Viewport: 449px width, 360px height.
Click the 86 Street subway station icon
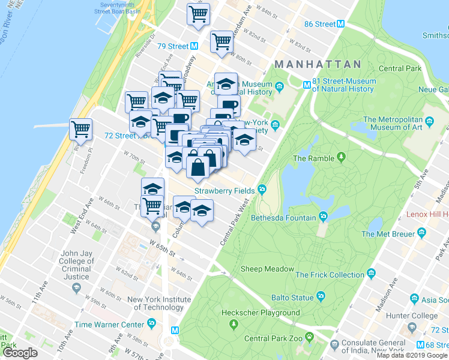(x=340, y=25)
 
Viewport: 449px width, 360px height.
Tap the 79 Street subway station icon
(x=194, y=46)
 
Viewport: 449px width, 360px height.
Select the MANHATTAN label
(x=317, y=64)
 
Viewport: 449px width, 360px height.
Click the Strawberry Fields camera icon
(x=262, y=190)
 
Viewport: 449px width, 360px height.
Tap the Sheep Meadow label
(x=268, y=269)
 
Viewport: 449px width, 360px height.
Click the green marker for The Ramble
(x=342, y=158)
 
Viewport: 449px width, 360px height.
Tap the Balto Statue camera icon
(x=321, y=296)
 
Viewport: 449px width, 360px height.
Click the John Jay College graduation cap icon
(x=76, y=289)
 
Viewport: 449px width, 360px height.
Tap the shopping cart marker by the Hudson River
(x=80, y=128)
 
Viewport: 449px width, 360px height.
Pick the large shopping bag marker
(x=198, y=166)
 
